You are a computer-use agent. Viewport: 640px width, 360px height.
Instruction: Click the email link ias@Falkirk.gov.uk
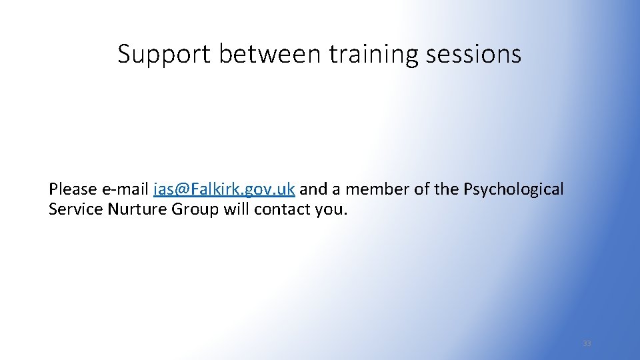coord(224,189)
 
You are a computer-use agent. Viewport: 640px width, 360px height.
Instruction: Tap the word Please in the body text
coord(73,189)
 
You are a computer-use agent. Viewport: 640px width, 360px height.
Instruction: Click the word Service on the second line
coord(73,209)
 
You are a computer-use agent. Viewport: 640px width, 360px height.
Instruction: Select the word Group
coord(195,209)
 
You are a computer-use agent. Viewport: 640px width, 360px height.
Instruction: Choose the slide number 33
coord(587,343)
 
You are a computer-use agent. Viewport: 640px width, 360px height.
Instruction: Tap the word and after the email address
coord(313,189)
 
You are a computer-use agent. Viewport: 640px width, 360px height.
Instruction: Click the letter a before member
coord(336,190)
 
